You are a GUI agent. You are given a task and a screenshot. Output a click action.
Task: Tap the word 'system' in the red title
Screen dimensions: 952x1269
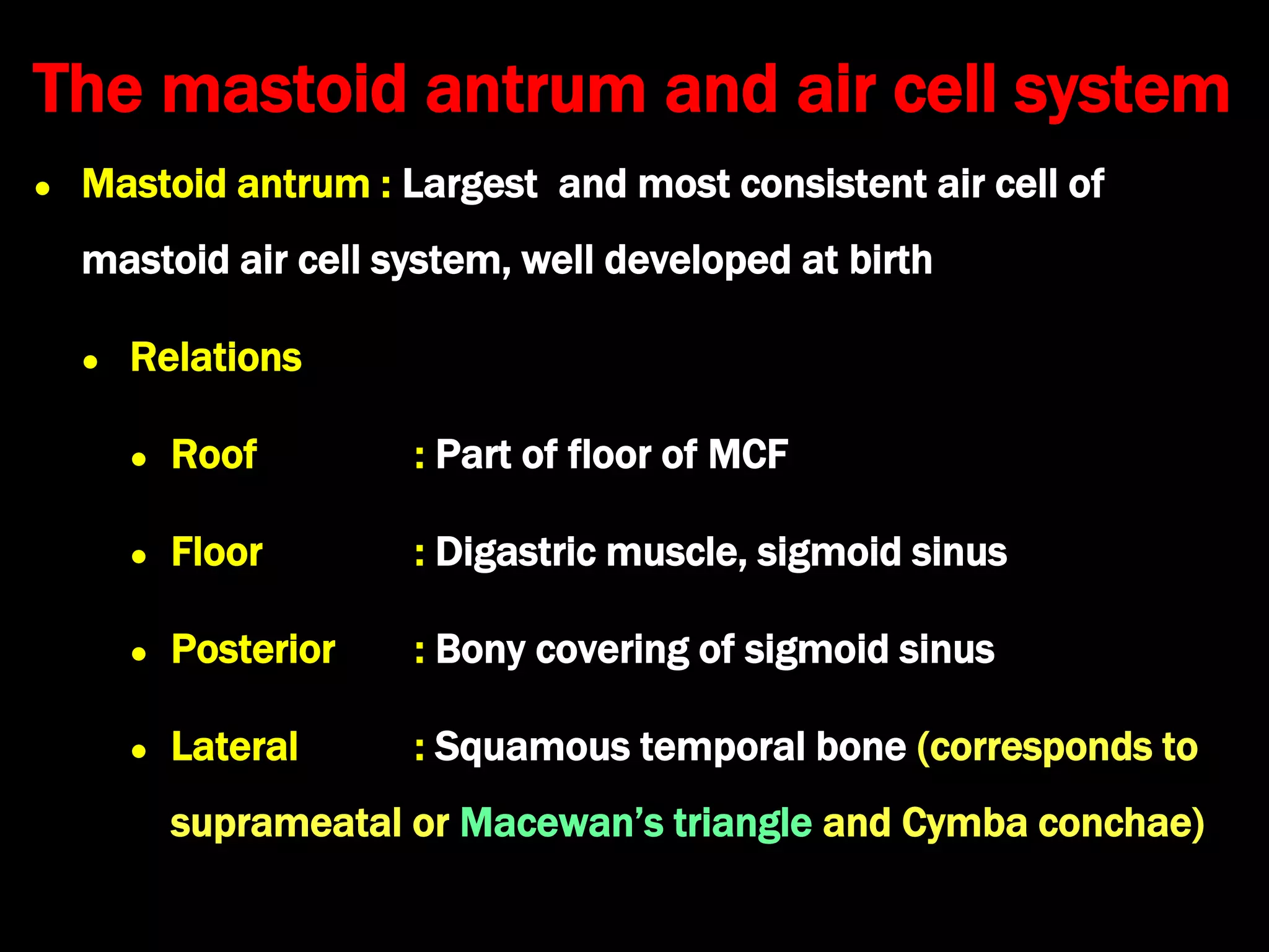tap(1122, 90)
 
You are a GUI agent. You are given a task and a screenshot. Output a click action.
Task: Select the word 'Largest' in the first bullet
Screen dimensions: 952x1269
tap(470, 185)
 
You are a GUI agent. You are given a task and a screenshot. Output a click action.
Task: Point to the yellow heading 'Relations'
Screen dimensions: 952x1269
tap(216, 358)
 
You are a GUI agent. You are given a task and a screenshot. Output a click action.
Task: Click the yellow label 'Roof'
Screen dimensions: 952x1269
tap(214, 454)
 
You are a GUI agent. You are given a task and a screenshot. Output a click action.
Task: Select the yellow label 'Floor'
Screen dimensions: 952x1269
tap(217, 552)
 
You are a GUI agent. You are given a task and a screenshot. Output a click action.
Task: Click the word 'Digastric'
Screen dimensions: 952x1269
tap(516, 552)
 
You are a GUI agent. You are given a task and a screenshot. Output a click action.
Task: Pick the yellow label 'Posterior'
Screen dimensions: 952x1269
tap(253, 649)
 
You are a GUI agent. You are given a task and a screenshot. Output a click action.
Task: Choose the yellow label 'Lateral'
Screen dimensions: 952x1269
tap(234, 746)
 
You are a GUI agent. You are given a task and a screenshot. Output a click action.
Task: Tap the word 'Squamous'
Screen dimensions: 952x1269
tap(532, 747)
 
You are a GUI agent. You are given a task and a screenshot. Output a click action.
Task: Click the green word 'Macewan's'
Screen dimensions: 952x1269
tap(561, 823)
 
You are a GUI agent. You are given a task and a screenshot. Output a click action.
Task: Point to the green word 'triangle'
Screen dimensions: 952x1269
tap(742, 823)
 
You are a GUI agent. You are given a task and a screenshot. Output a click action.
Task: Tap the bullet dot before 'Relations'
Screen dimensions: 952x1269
tap(90, 361)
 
